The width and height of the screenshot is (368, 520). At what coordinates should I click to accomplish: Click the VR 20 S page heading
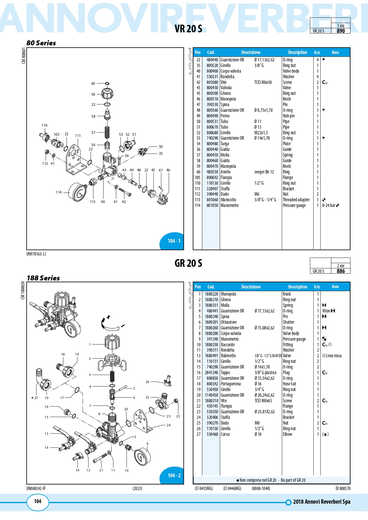188,29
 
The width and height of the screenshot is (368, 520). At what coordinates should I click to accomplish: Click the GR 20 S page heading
188,263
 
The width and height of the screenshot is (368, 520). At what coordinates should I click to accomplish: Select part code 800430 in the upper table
212,88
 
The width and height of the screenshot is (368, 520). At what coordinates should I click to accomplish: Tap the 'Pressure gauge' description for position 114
294,205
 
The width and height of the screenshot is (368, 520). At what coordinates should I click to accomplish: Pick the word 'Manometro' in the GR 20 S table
230,339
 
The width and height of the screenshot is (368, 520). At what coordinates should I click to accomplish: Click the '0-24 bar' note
329,205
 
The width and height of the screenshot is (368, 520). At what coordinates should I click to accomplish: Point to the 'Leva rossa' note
334,356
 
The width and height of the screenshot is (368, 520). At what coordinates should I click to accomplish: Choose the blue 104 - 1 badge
174,241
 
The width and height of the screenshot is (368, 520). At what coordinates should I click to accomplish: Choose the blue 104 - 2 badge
174,476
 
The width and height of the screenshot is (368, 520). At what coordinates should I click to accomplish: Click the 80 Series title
41,43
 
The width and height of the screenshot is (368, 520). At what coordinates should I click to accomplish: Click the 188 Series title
43,278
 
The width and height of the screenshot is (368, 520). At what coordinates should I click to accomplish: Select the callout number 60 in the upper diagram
93,84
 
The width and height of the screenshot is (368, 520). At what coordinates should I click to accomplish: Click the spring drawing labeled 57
107,132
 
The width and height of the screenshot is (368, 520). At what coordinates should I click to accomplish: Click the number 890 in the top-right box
341,31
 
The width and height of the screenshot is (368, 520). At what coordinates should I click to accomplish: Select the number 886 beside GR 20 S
341,271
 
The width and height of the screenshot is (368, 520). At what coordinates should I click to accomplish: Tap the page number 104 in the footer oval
38,501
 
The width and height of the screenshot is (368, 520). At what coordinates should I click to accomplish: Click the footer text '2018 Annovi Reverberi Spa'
321,502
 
